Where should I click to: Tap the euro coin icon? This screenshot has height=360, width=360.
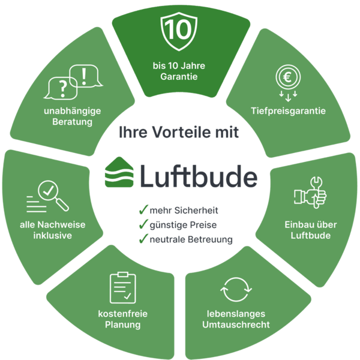pos(289,78)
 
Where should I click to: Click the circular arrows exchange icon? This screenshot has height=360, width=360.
pos(235,289)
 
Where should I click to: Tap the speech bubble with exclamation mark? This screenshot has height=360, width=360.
pos(83,76)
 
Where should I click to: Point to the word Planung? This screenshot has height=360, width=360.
pos(123,325)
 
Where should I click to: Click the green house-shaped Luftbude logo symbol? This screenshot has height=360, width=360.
pos(121,173)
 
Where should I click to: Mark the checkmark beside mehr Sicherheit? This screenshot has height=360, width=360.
pos(142,211)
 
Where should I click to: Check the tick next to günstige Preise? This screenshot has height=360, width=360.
pos(142,225)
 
